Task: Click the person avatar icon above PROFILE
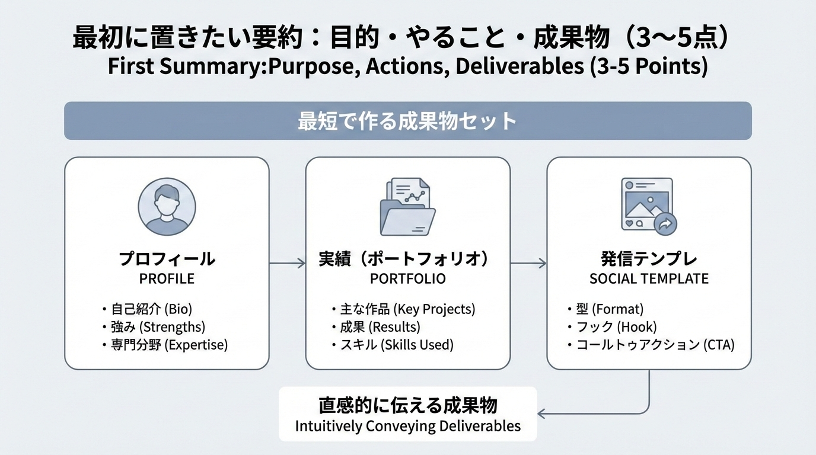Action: click(167, 207)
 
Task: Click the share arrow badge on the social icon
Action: click(665, 224)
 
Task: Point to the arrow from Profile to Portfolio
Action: click(287, 263)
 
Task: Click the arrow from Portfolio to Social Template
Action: click(528, 263)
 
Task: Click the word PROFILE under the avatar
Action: click(167, 278)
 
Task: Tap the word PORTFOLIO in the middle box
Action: click(407, 278)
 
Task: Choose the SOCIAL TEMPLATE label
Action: click(649, 278)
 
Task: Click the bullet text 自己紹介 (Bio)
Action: click(152, 309)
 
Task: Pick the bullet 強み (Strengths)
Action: click(158, 326)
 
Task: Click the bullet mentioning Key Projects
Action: click(407, 309)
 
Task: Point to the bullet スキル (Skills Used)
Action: click(396, 345)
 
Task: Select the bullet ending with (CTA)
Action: click(655, 345)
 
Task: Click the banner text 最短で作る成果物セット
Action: click(407, 121)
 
